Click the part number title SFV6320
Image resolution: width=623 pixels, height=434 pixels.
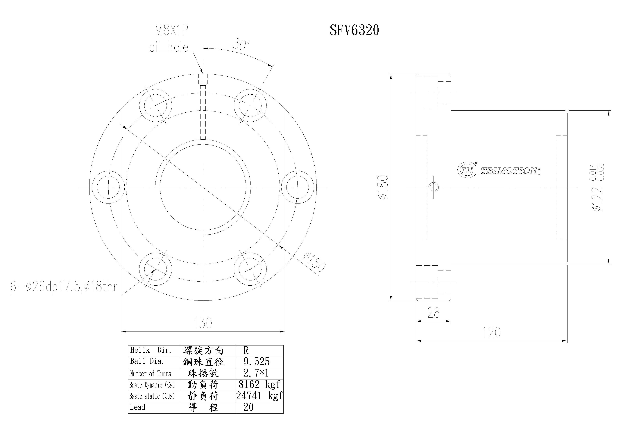tap(354, 30)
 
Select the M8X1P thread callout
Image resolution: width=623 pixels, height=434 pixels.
tap(171, 30)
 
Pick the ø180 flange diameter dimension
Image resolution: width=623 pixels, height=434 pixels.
tap(383, 187)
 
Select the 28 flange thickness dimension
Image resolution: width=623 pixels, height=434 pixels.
tap(433, 313)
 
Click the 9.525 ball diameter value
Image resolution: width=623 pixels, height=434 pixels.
tap(257, 362)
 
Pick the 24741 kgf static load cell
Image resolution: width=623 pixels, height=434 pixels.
tap(259, 396)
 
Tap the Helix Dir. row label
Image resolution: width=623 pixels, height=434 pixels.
tap(151, 350)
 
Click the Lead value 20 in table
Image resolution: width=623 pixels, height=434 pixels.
tap(248, 407)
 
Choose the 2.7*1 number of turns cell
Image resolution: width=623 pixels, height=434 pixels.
tap(256, 373)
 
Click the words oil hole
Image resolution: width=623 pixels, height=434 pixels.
tap(169, 47)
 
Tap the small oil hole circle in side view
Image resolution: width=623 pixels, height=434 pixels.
tap(434, 187)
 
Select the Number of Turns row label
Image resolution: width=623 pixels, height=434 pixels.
tap(151, 374)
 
